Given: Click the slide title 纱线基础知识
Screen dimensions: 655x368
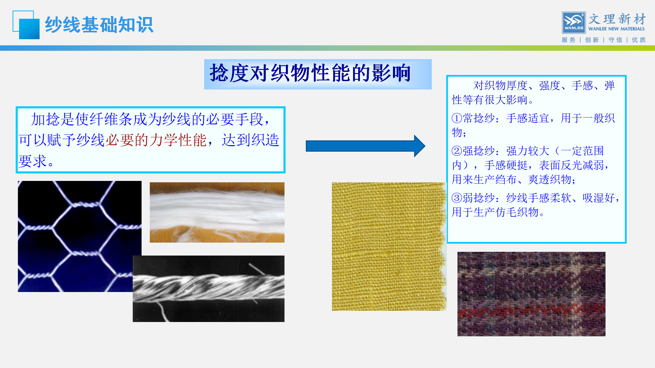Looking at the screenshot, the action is point(99,25).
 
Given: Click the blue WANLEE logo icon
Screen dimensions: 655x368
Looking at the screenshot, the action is point(573,22).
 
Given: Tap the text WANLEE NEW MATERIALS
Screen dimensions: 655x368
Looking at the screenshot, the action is point(616,29).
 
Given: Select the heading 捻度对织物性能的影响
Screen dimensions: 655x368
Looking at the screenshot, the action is point(310,73).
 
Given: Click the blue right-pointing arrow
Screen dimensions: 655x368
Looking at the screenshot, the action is point(365,146).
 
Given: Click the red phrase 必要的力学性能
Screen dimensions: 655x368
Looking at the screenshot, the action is point(156,140).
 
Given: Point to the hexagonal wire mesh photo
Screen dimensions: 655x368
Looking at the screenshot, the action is point(79,236).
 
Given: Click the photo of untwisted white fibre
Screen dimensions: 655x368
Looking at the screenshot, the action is point(217,212).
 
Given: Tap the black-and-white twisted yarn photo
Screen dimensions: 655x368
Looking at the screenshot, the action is point(208,289).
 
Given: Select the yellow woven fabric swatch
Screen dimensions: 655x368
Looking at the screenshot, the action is point(389,246).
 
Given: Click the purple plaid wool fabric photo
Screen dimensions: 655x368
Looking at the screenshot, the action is point(531,294).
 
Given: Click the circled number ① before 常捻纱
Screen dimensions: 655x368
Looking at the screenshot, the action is point(457,118).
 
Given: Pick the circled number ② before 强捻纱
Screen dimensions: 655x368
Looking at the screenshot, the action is point(457,151).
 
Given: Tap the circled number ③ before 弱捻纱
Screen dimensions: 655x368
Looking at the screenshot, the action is point(457,198).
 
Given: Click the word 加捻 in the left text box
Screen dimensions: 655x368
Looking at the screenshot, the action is point(45,119).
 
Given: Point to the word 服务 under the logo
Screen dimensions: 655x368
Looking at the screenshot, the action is point(568,40).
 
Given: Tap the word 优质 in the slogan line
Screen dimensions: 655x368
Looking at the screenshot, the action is point(639,40).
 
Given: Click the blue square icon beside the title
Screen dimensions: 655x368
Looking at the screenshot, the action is point(27,25).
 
